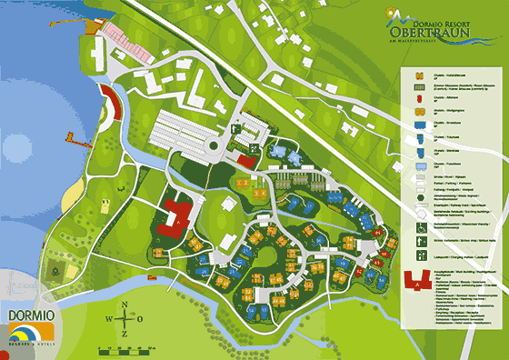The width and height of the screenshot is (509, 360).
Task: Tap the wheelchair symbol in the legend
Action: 421,230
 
